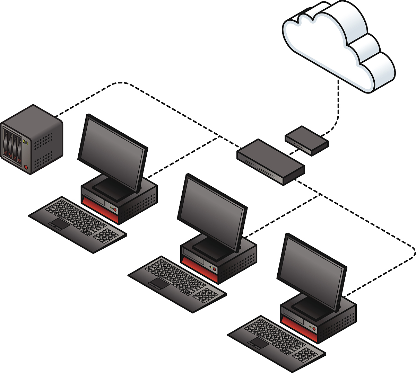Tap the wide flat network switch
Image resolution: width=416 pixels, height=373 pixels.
(x=270, y=161)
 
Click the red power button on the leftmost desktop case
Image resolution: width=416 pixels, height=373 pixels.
(x=115, y=210)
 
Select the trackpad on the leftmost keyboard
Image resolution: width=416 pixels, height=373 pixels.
(x=59, y=224)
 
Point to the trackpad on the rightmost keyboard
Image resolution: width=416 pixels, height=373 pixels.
(x=258, y=343)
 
